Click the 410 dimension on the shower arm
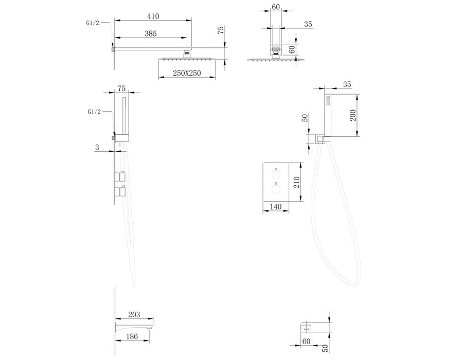pyautogui.click(x=153, y=16)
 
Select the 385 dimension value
pyautogui.click(x=151, y=33)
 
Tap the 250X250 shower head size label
pyautogui.click(x=187, y=73)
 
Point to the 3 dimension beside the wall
pyautogui.click(x=97, y=147)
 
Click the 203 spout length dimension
pyautogui.click(x=134, y=315)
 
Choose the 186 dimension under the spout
pyautogui.click(x=132, y=336)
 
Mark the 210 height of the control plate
pyautogui.click(x=297, y=182)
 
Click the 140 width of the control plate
pyautogui.click(x=276, y=207)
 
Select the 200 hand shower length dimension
pyautogui.click(x=352, y=115)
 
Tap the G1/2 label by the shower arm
pyautogui.click(x=93, y=23)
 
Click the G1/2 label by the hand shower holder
pyautogui.click(x=94, y=112)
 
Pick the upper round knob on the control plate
pyautogui.click(x=276, y=174)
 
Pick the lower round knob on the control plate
pyautogui.click(x=276, y=189)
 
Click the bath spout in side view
pyautogui.click(x=134, y=328)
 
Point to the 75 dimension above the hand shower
pyautogui.click(x=121, y=88)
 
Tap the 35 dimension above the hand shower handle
pyautogui.click(x=347, y=84)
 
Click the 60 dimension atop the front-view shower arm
pyautogui.click(x=276, y=7)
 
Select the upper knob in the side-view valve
pyautogui.click(x=120, y=176)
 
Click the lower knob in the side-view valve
pyautogui.click(x=120, y=191)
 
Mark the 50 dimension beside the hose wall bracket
pyautogui.click(x=305, y=118)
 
